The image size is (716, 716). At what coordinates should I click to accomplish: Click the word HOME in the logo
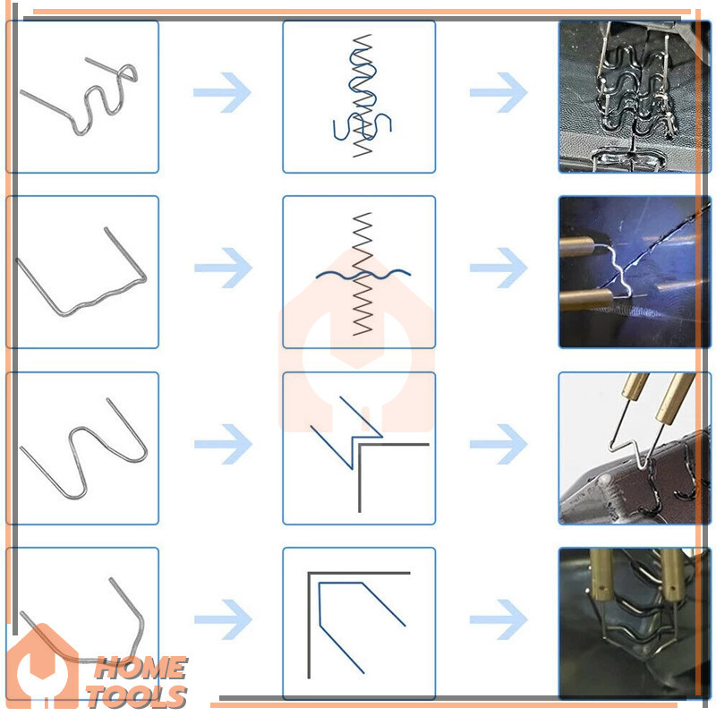click(x=141, y=669)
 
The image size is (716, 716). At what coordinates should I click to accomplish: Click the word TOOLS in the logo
click(x=137, y=697)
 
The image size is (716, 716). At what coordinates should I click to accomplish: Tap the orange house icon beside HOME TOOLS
click(x=42, y=666)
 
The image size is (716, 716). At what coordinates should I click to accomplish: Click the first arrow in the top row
click(x=222, y=92)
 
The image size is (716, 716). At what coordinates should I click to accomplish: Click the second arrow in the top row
click(x=499, y=92)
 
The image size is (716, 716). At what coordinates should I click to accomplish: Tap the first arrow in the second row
click(x=223, y=268)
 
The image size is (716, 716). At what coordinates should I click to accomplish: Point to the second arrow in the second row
click(x=499, y=268)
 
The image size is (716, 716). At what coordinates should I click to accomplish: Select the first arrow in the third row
click(x=223, y=444)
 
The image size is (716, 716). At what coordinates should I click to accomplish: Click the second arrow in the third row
click(x=499, y=444)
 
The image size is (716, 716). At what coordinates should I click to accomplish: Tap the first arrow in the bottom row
click(x=223, y=619)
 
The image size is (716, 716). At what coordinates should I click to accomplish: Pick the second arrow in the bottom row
click(x=499, y=619)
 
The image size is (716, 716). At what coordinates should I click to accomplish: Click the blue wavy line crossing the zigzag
click(x=363, y=276)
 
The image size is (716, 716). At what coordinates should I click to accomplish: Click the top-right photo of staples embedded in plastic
click(x=635, y=97)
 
